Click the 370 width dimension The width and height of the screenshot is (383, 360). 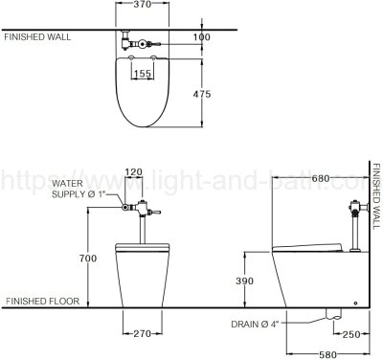[x=142, y=5]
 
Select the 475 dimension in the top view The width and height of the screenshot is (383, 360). [x=202, y=94]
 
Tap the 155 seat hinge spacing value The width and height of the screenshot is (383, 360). [x=143, y=74]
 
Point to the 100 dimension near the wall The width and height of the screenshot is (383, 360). [x=202, y=37]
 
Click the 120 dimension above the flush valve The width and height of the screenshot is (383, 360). [x=133, y=172]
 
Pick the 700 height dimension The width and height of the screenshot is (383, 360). [x=88, y=259]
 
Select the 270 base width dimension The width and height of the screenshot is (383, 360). [x=142, y=334]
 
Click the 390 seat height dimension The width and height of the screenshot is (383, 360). [x=244, y=281]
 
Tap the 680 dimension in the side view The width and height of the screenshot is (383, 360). [x=321, y=178]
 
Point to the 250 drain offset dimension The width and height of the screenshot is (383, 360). [x=351, y=334]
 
